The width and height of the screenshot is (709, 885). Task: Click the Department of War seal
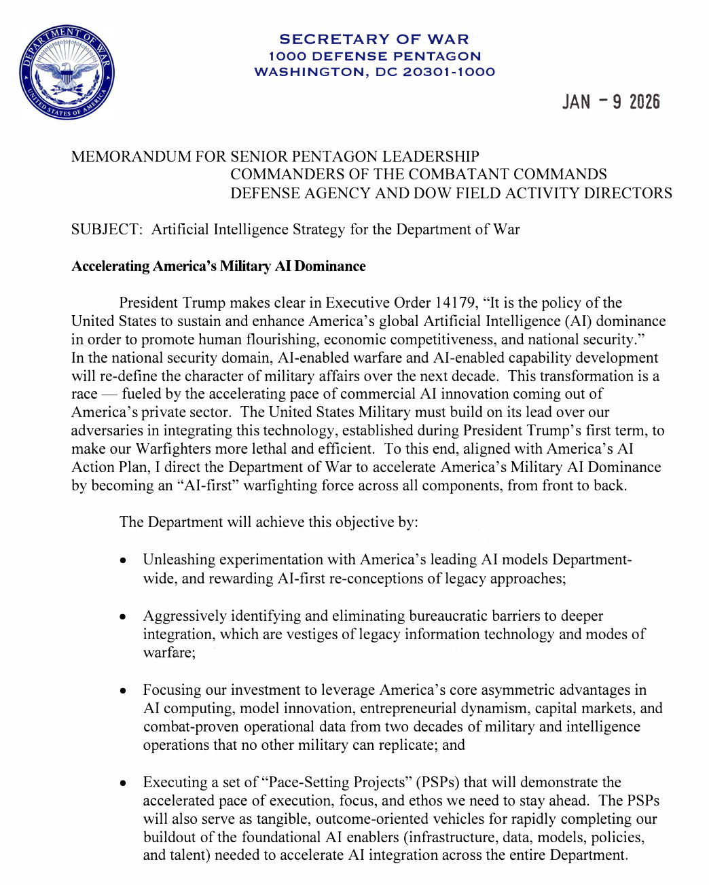(67, 72)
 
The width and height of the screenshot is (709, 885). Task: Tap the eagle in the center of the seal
(67, 73)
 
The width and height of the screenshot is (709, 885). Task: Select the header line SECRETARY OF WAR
(374, 39)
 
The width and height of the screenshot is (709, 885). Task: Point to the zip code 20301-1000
(449, 72)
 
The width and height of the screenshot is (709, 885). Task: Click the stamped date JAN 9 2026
(611, 102)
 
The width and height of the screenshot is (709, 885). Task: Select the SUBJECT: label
(107, 230)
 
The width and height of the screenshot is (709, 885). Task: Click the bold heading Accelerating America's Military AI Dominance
(218, 266)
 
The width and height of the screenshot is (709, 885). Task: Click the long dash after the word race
(110, 395)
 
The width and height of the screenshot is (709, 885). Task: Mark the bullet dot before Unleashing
(123, 561)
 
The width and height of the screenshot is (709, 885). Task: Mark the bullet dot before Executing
(123, 783)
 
